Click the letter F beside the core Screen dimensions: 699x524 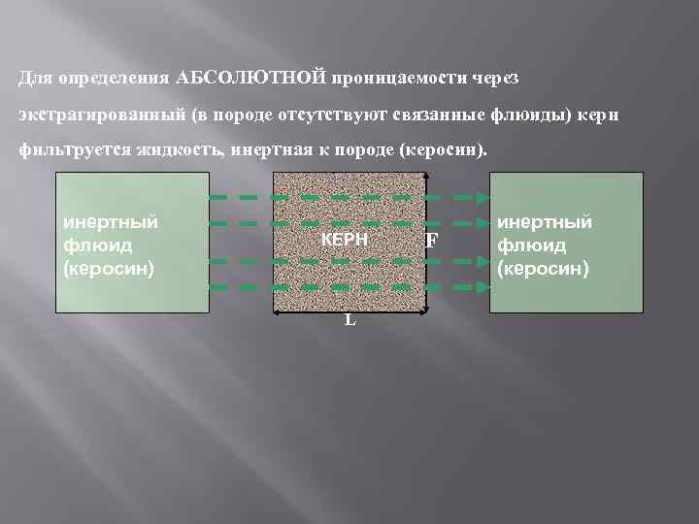coord(431,241)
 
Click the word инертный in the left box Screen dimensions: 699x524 coord(111,223)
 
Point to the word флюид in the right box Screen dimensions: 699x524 coord(529,245)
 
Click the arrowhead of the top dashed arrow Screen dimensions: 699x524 coord(483,198)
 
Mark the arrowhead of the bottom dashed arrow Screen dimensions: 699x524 coord(483,287)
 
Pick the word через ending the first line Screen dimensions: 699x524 coord(521,77)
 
